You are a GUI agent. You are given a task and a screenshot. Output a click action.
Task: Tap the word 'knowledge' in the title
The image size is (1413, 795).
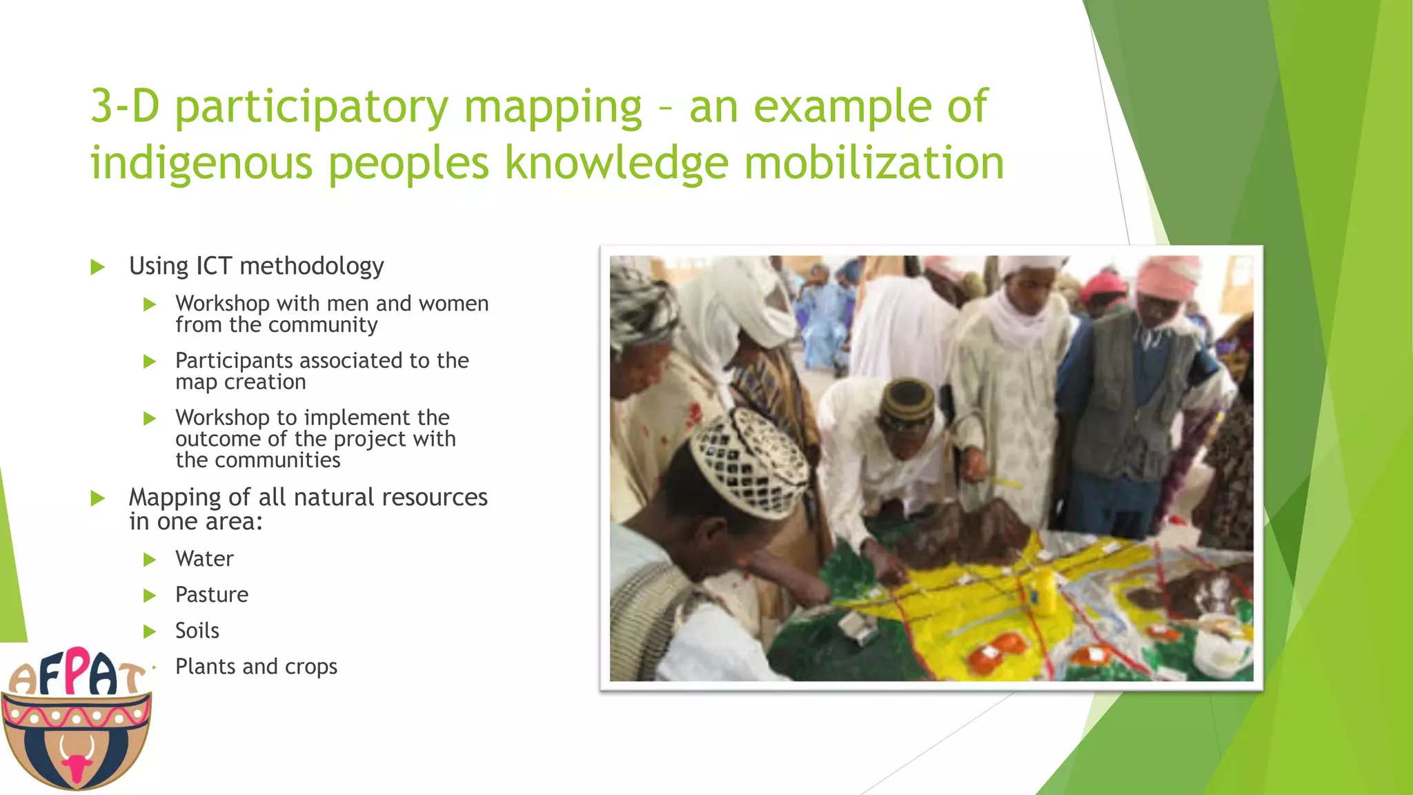click(x=616, y=163)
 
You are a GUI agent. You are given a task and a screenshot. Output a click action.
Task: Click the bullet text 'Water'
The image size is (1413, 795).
click(x=204, y=558)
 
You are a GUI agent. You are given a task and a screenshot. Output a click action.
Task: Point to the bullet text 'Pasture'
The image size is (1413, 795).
click(x=211, y=594)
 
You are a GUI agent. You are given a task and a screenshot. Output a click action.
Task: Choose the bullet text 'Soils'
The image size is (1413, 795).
click(x=197, y=630)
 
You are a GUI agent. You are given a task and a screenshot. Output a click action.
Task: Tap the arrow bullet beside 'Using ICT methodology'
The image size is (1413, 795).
click(x=97, y=267)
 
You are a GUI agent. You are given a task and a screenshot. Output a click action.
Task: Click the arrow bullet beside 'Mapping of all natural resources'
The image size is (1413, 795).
click(x=97, y=498)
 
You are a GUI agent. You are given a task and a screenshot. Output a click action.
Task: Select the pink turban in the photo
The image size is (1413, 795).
click(x=1169, y=277)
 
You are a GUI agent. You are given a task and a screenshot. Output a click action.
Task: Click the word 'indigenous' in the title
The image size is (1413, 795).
click(x=201, y=163)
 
